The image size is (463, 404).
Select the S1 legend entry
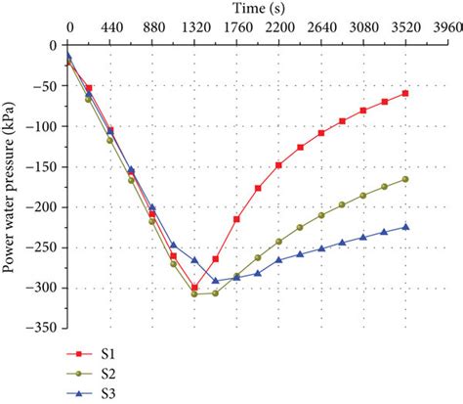pos(97,353)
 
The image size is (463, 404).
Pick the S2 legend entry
pos(97,373)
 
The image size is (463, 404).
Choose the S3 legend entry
pos(97,392)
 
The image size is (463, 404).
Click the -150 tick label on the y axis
pos(44,166)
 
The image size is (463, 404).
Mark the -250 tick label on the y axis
pos(44,247)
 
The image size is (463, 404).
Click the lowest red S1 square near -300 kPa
pos(194,288)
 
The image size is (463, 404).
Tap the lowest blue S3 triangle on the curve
pos(216,281)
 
